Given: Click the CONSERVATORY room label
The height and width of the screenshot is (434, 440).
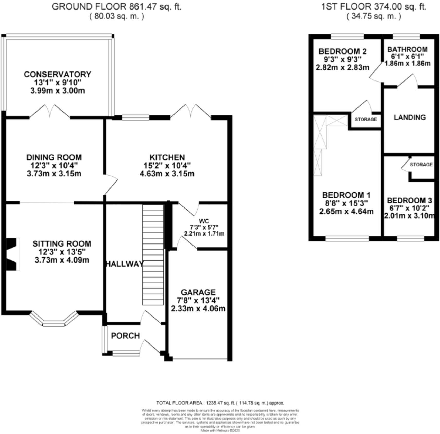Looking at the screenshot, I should pyautogui.click(x=58, y=74).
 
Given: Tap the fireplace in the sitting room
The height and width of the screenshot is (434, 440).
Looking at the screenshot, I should pyautogui.click(x=12, y=254).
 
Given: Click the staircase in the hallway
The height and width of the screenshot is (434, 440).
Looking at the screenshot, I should pyautogui.click(x=153, y=255).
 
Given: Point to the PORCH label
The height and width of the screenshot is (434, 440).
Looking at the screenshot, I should pyautogui.click(x=125, y=336).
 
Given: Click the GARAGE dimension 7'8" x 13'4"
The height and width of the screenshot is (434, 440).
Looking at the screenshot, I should pyautogui.click(x=198, y=300).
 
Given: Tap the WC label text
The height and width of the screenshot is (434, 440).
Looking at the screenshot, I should pyautogui.click(x=204, y=221).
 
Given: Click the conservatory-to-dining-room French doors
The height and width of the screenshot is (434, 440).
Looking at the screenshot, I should pyautogui.click(x=49, y=112).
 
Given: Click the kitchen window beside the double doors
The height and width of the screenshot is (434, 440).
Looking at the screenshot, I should pyautogui.click(x=135, y=118).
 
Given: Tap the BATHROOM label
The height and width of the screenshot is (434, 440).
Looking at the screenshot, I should pyautogui.click(x=407, y=49).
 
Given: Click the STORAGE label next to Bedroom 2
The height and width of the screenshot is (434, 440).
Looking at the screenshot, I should pyautogui.click(x=366, y=120).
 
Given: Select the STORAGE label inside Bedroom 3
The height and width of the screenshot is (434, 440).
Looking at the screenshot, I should pyautogui.click(x=421, y=165).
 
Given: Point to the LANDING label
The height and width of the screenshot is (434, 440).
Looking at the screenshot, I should pyautogui.click(x=410, y=117).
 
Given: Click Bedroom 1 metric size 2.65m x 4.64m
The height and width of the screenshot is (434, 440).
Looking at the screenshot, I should pyautogui.click(x=346, y=212).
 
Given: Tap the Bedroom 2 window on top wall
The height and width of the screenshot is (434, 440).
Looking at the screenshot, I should pyautogui.click(x=347, y=37).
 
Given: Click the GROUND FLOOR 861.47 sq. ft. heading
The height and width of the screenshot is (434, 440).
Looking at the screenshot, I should pyautogui.click(x=117, y=7).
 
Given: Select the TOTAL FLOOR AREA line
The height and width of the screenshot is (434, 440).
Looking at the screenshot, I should pyautogui.click(x=220, y=403).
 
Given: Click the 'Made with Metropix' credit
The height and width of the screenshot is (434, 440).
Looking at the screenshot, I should pyautogui.click(x=220, y=430).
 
